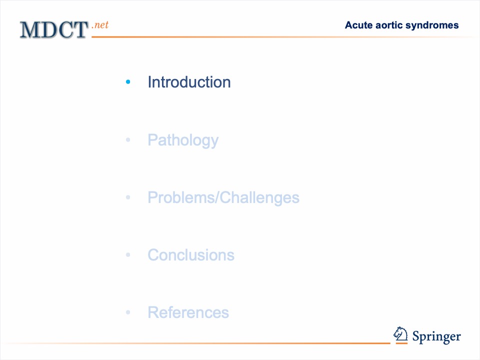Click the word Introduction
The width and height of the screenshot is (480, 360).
click(189, 82)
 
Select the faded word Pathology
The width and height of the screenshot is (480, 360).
click(183, 140)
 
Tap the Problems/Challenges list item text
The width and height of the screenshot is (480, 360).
click(223, 197)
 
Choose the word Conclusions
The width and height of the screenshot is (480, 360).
click(191, 255)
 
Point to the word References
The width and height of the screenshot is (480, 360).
click(188, 312)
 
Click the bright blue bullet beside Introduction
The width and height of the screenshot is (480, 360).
click(128, 81)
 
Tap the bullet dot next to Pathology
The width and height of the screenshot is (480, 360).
click(128, 140)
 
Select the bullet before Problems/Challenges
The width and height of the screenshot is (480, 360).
click(128, 197)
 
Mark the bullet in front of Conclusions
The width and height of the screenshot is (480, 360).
click(128, 254)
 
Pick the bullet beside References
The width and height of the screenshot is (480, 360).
click(128, 312)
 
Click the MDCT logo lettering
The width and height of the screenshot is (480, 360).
click(54, 30)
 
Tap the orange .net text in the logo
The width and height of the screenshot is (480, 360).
click(100, 25)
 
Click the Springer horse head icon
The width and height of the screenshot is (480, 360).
click(400, 333)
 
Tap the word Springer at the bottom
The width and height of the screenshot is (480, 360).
click(436, 337)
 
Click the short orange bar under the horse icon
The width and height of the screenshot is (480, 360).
click(401, 343)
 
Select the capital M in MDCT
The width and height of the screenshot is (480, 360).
click(29, 30)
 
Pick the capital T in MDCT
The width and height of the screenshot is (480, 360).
click(80, 30)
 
